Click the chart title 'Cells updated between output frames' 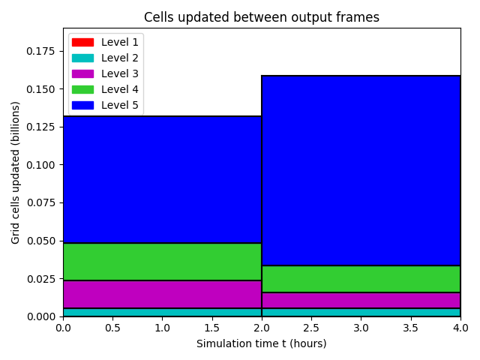coord(262,17)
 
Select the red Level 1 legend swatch coord(82,42)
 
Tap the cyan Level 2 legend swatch coord(82,58)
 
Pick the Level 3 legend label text coord(120,73)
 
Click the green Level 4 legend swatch coord(82,89)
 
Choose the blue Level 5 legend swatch coord(82,105)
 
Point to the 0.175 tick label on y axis coord(40,51)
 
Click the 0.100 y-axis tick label coord(40,165)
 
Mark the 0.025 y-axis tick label coord(40,279)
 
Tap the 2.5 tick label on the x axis coord(311,328)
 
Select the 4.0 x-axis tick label coord(460,328)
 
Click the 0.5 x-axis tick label coord(112,328)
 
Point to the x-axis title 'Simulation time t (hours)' coord(262,343)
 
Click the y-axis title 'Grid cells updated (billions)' coord(15,172)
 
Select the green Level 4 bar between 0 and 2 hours coord(162,262)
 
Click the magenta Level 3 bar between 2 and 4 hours coord(361,300)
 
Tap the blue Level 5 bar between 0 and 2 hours coord(162,180)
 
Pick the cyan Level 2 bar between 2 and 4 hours coord(361,312)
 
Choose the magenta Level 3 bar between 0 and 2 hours coord(162,294)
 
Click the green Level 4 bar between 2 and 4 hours coord(361,279)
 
